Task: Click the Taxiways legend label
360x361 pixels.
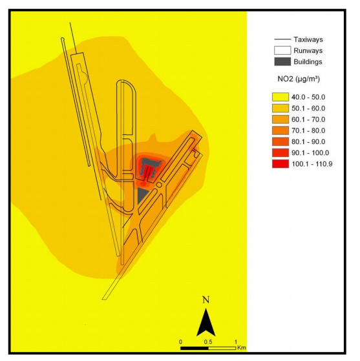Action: (308, 39)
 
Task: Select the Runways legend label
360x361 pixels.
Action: (308, 50)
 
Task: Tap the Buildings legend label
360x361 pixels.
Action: (308, 62)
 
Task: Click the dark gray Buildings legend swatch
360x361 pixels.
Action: (282, 62)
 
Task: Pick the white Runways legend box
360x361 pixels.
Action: (282, 50)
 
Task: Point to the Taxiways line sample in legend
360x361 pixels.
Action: (282, 39)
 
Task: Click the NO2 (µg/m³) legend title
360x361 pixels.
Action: (299, 79)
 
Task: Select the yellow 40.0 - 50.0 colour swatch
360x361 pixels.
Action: (281, 97)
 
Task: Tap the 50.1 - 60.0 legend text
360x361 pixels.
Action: (308, 108)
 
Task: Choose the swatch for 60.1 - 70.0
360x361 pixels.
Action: (281, 119)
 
